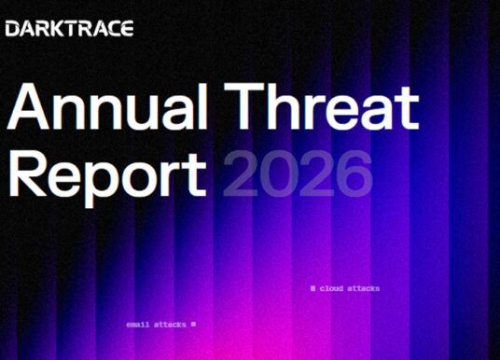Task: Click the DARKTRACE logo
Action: [x=69, y=29]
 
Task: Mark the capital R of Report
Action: [x=29, y=175]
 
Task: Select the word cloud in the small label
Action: [x=332, y=288]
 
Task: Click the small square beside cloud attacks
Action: [x=312, y=288]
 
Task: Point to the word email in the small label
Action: [x=137, y=325]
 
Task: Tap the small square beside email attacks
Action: [x=193, y=325]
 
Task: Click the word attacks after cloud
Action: [x=364, y=288]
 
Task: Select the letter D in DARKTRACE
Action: [x=12, y=29]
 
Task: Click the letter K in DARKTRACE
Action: [x=55, y=29]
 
